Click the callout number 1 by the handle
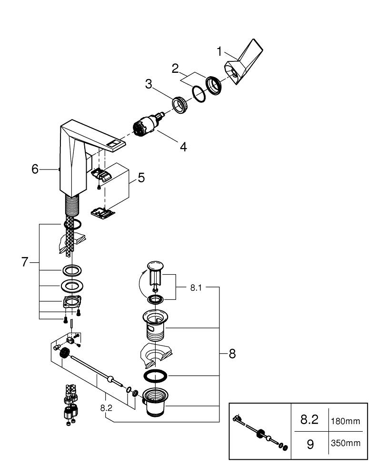coord(219,50)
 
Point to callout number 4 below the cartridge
coord(183,147)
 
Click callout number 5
coord(141,178)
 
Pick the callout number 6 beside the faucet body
coord(35,169)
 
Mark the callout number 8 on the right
coord(232,354)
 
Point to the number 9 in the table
coord(310,445)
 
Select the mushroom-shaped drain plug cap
coord(156,266)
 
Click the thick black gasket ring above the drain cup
coord(156,376)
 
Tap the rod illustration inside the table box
coord(260,433)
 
